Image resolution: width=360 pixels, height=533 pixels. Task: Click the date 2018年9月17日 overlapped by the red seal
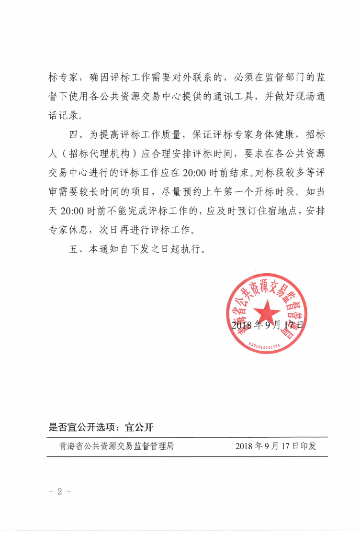[x=267, y=325]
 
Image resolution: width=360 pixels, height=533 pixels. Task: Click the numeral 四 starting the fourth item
[x=74, y=134]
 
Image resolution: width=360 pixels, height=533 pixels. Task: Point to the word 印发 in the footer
[x=308, y=446]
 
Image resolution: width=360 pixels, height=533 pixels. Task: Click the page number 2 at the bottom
[x=60, y=491]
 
